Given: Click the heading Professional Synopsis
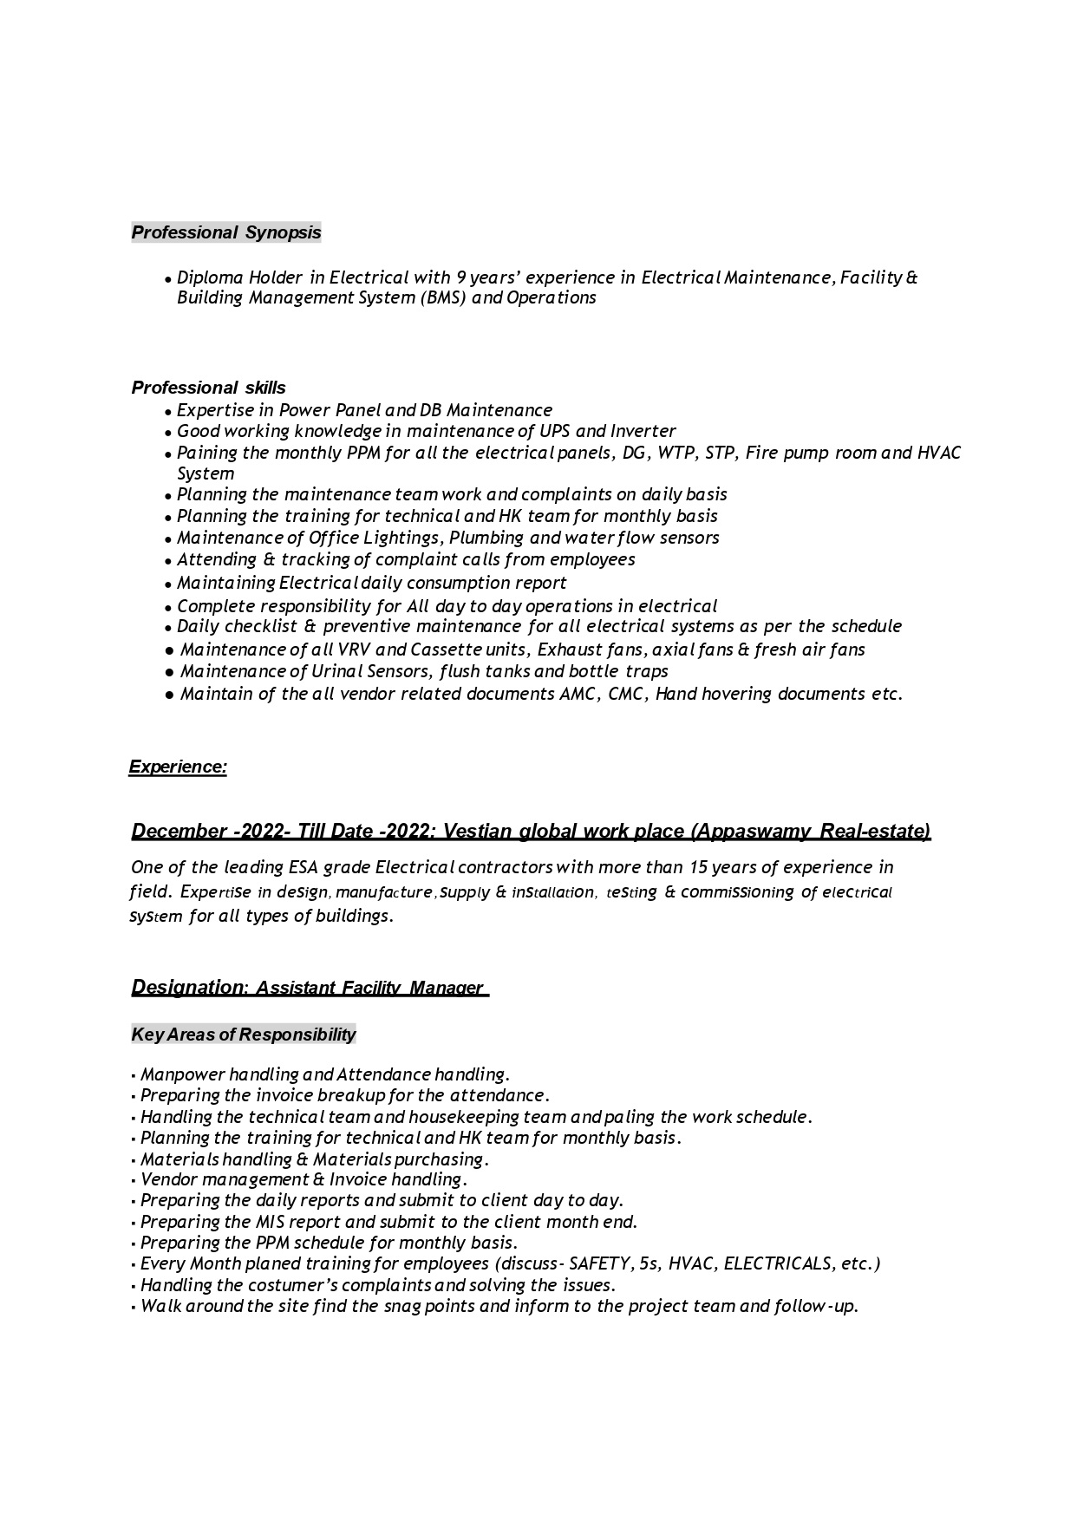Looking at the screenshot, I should [x=226, y=232].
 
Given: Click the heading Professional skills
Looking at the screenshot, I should [x=208, y=388].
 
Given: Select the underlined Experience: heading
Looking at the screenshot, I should [x=178, y=767].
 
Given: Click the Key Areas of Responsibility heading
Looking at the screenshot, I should [x=244, y=1035].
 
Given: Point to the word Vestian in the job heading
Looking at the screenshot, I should [x=477, y=831].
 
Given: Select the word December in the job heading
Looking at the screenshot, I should [x=179, y=831].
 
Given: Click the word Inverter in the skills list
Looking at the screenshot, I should [x=643, y=431].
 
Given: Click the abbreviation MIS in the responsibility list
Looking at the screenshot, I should [x=274, y=1222].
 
